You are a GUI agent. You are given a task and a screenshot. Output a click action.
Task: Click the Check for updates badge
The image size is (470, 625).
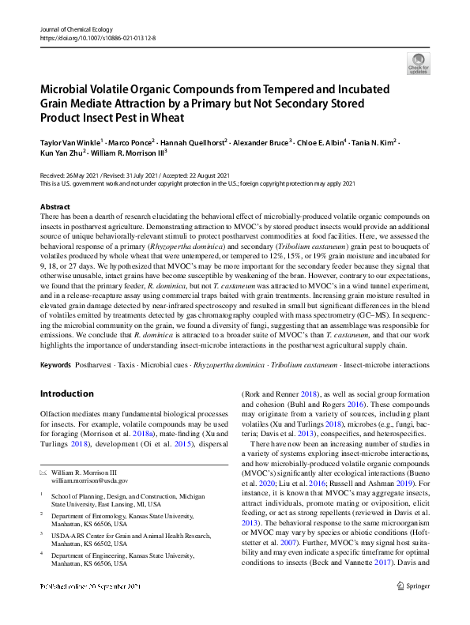click(417, 63)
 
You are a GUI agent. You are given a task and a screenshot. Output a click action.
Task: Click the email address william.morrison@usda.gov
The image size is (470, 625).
click(89, 480)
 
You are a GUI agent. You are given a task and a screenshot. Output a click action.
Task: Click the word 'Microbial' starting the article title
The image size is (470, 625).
click(67, 89)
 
